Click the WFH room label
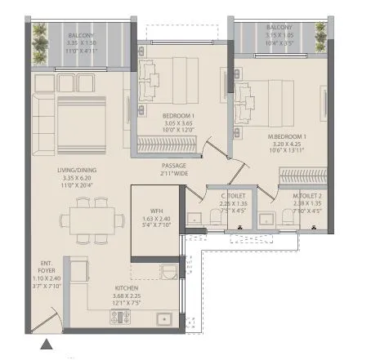pos(146,210)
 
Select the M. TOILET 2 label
pos(308,196)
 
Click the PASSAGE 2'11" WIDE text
pos(175,169)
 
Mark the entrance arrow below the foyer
pos(47,346)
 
